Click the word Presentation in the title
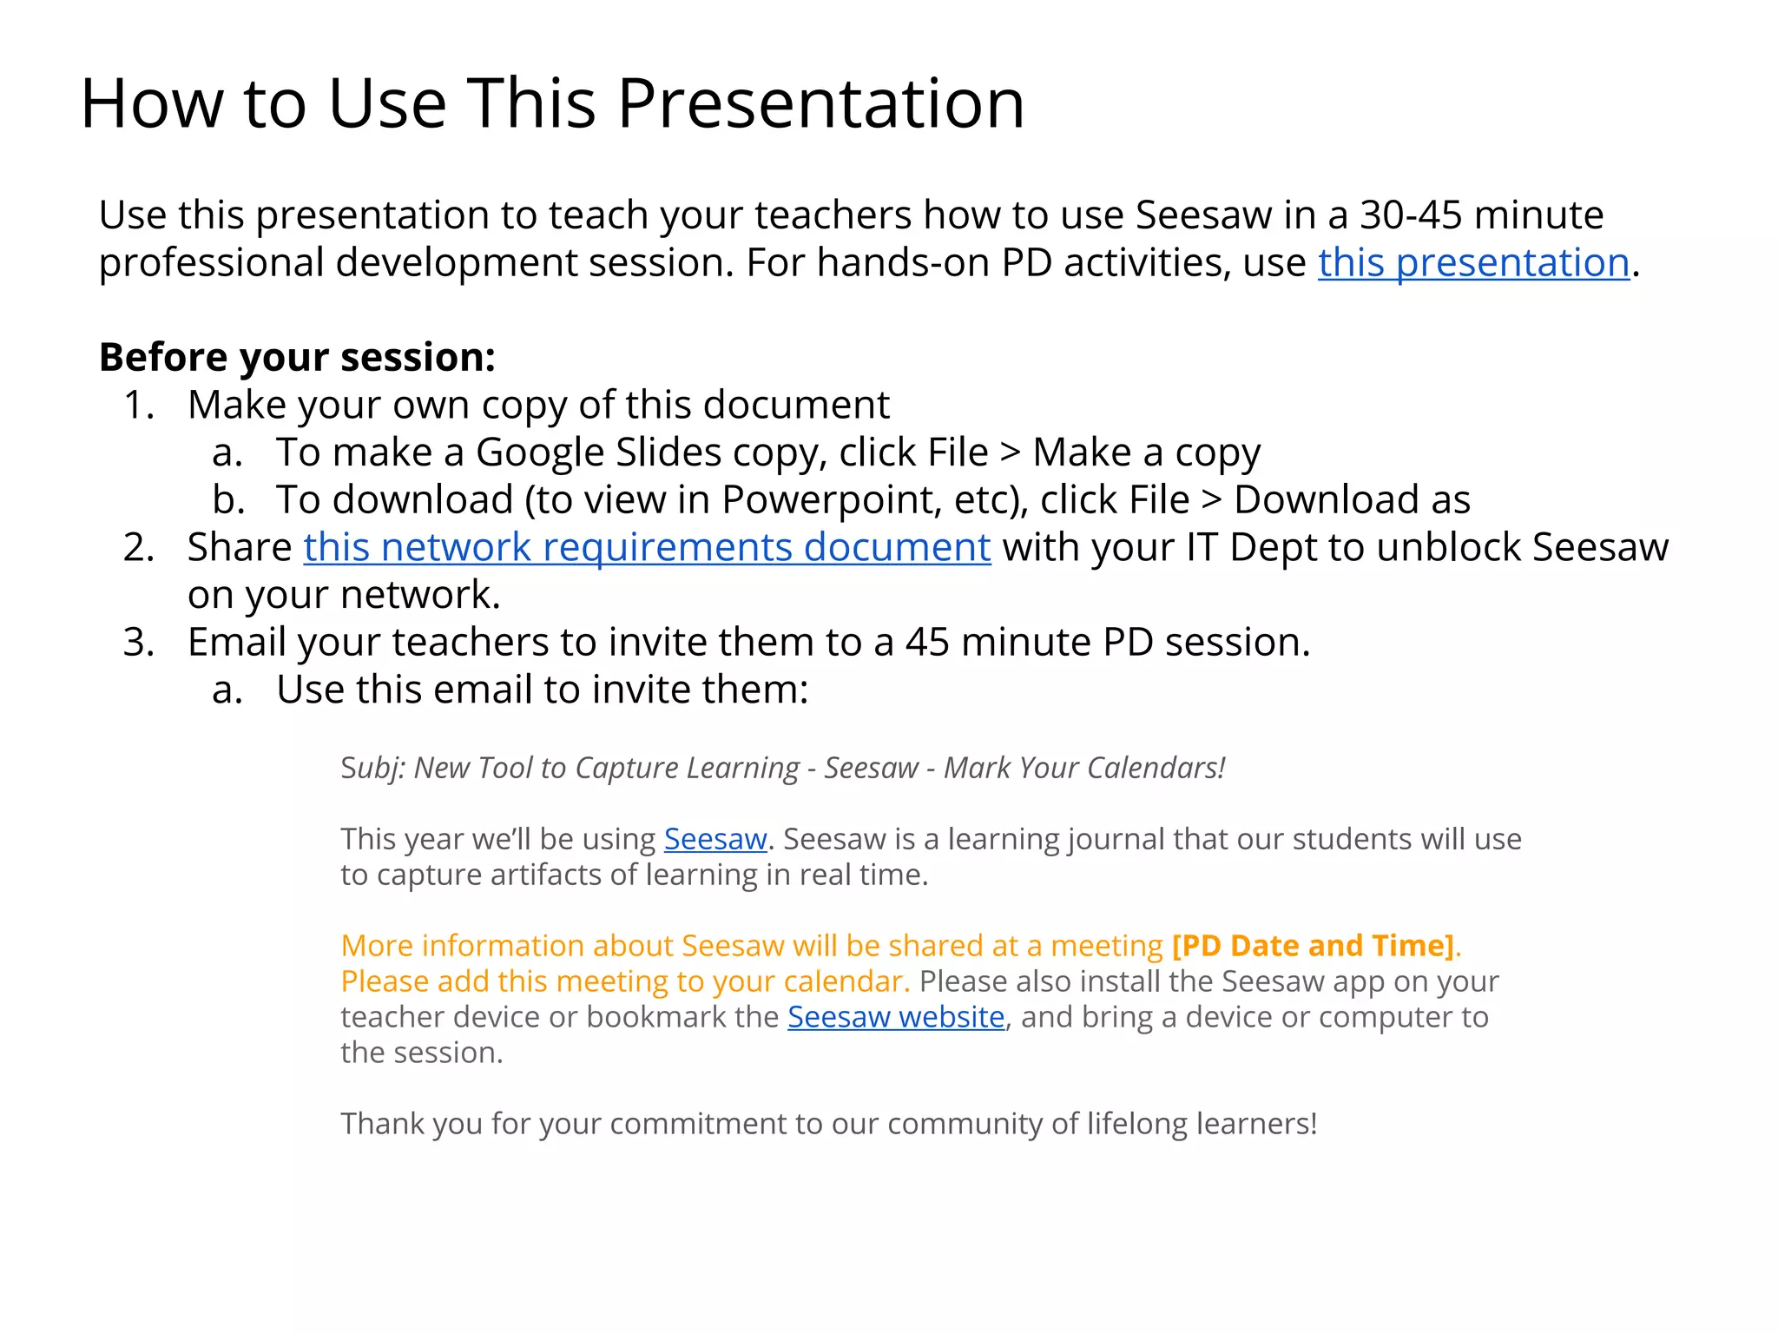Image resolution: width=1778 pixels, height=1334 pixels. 820,104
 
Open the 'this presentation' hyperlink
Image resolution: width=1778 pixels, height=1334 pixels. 1473,263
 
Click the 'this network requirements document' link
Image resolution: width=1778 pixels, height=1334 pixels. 647,548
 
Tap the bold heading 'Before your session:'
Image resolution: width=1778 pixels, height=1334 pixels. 297,358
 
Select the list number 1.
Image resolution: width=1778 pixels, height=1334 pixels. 139,406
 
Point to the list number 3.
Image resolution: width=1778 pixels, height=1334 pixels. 139,643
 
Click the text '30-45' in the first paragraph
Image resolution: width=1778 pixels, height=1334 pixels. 1411,215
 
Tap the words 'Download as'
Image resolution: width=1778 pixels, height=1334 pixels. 1352,500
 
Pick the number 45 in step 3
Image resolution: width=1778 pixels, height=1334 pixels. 926,643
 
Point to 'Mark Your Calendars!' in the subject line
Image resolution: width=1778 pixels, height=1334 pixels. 1084,769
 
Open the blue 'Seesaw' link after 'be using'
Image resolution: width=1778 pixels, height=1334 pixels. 715,840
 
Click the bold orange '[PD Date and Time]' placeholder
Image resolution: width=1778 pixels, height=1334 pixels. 1313,946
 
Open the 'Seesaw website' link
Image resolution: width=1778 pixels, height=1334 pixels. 896,1017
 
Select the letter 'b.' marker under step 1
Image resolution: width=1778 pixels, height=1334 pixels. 228,500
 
